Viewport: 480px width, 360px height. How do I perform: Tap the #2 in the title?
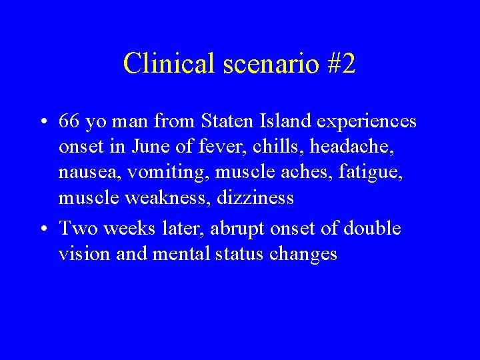(x=341, y=63)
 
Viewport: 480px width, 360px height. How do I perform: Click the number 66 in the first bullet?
(x=69, y=122)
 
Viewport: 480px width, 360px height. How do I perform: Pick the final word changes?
(x=303, y=254)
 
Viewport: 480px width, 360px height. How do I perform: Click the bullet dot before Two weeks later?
(x=43, y=229)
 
